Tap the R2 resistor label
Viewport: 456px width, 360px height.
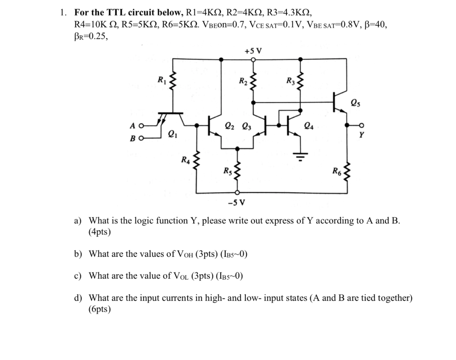(243, 81)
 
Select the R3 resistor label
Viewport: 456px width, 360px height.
(290, 81)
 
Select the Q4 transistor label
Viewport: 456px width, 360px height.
(308, 125)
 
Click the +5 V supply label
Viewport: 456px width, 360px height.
(253, 50)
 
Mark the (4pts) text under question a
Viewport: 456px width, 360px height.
(100, 232)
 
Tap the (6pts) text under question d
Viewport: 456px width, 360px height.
(100, 310)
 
